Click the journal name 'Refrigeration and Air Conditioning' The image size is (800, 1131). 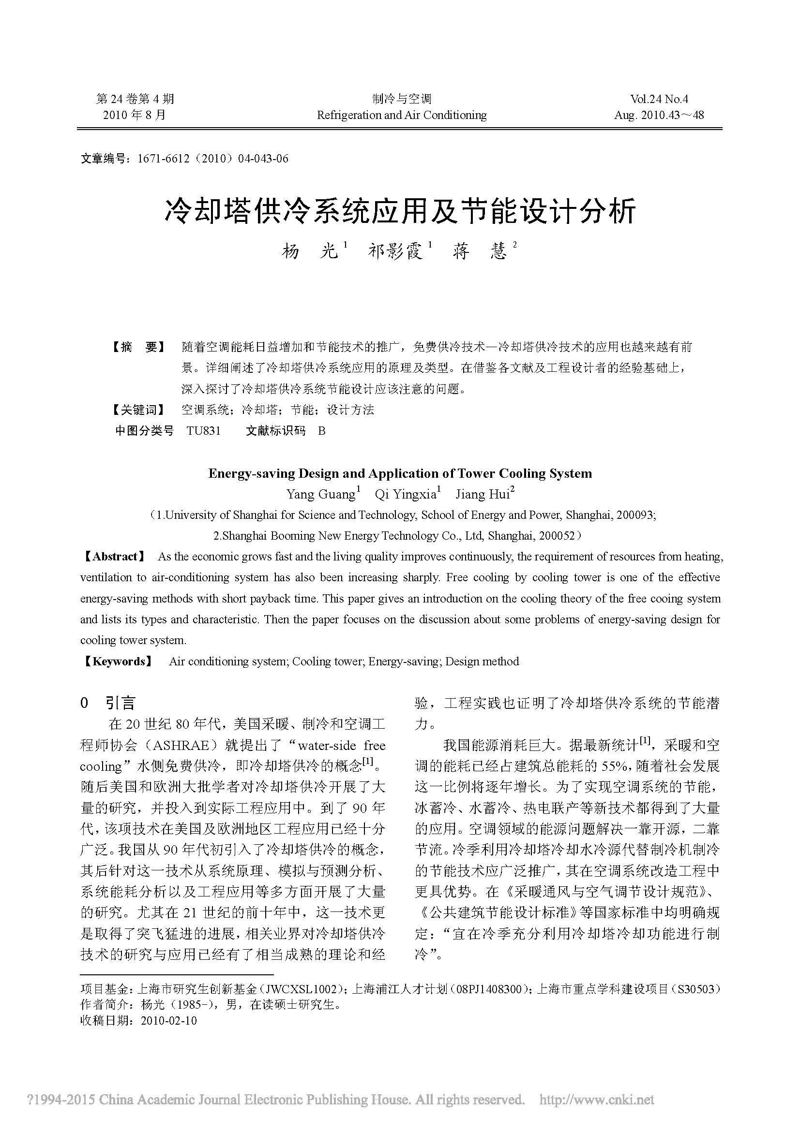[401, 115]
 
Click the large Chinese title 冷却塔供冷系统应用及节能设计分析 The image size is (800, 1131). [400, 211]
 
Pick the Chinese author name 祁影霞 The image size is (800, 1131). [396, 252]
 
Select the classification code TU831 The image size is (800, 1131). [204, 431]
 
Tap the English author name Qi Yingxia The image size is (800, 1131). [406, 494]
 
